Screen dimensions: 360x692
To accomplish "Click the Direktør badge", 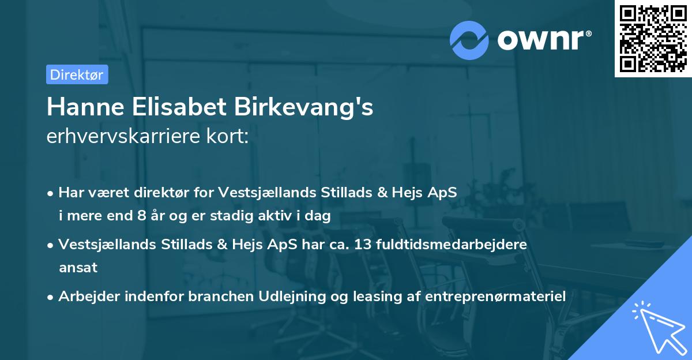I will (77, 74).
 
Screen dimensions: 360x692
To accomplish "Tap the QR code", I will (653, 39).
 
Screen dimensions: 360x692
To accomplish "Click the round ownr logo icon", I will (469, 40).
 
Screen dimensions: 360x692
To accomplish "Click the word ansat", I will (78, 267).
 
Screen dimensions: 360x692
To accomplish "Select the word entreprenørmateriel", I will (496, 296).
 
